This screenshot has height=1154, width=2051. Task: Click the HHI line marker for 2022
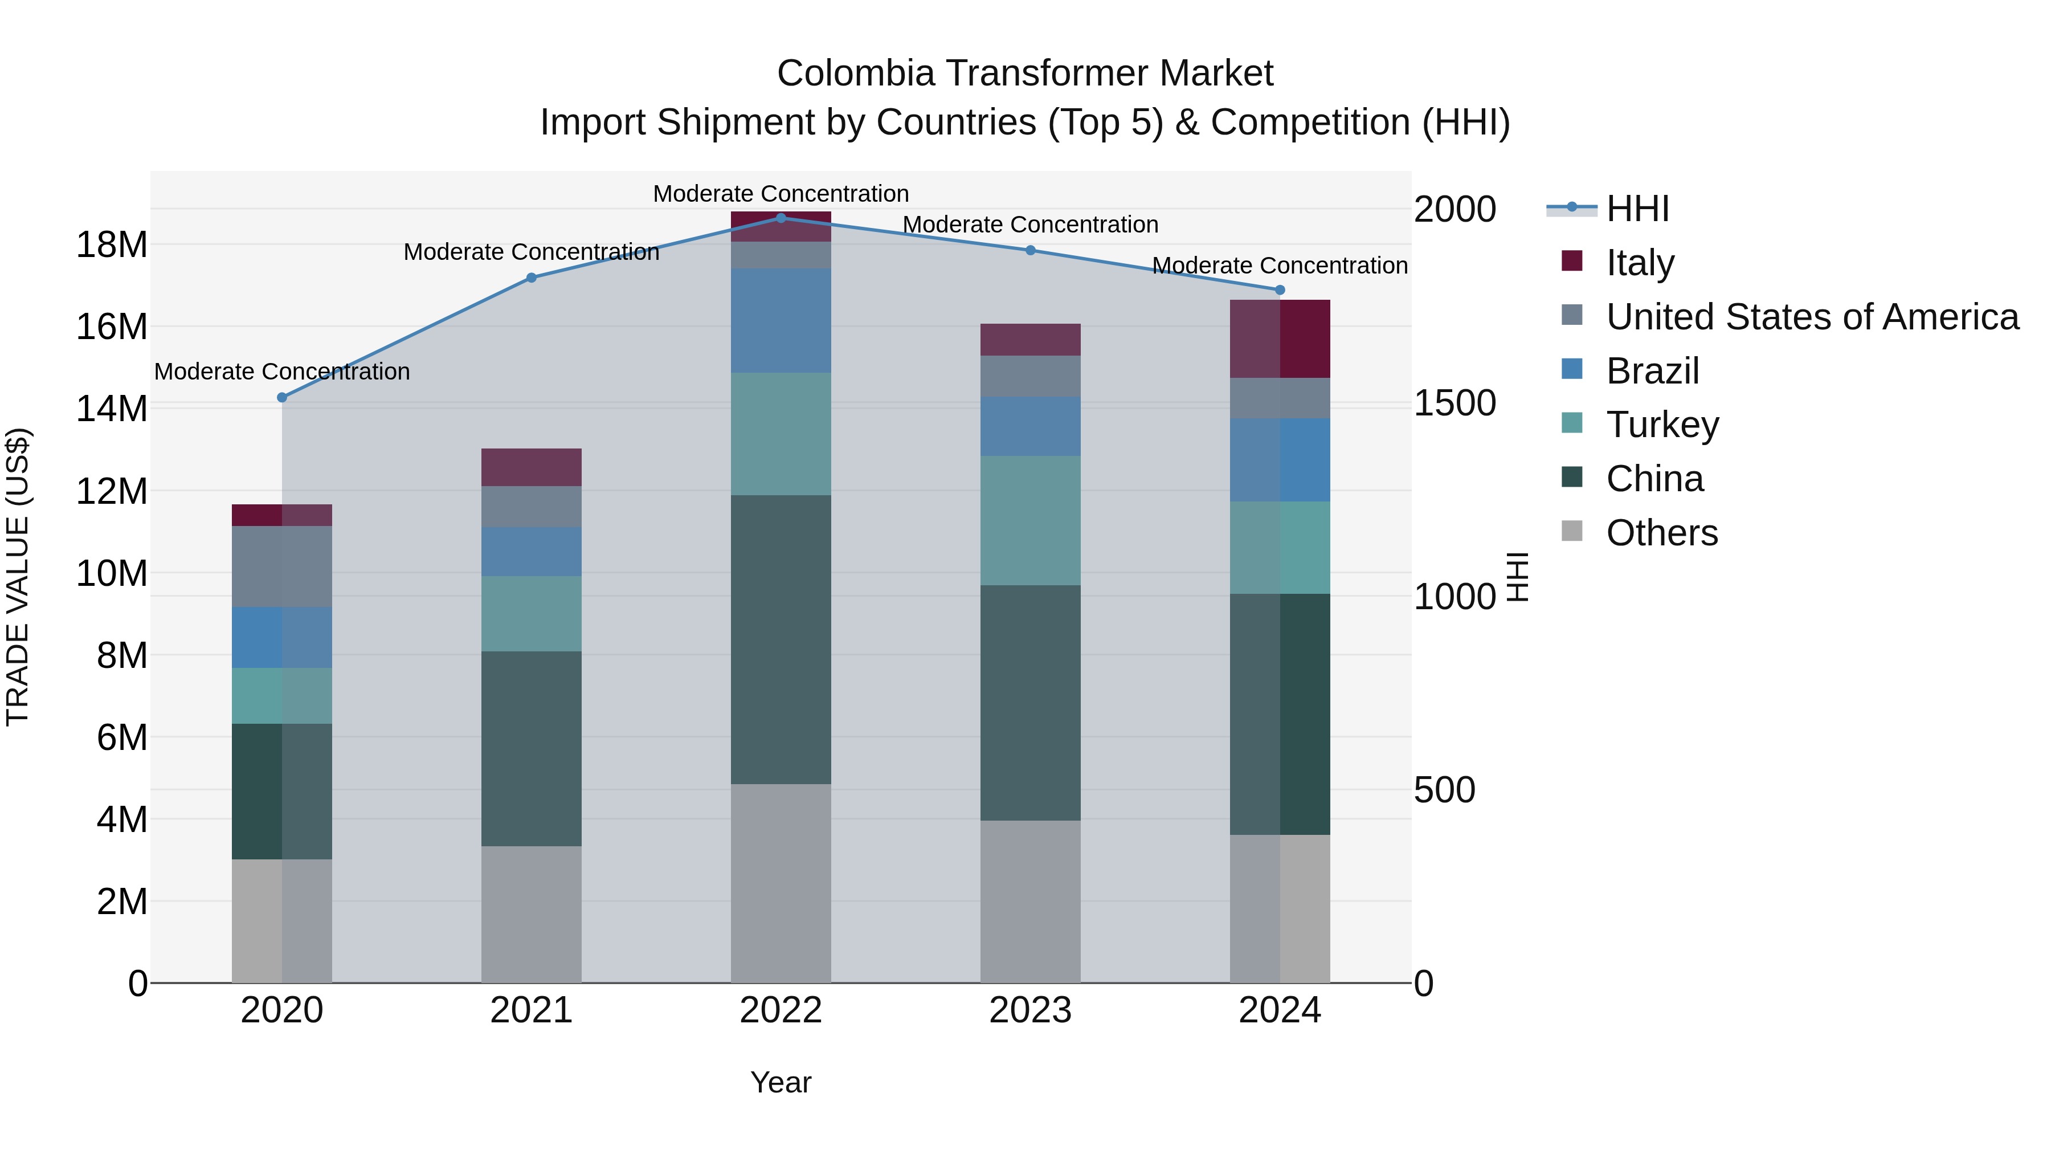click(x=781, y=218)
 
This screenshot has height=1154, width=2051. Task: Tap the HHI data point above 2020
click(x=282, y=397)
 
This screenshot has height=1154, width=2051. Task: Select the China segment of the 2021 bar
click(x=531, y=749)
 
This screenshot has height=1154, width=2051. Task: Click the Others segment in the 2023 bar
click(x=1029, y=902)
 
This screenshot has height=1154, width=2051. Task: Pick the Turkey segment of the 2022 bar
click(x=781, y=434)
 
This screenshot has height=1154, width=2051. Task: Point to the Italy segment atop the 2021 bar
click(x=531, y=467)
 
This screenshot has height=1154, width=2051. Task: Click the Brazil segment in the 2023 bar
click(x=1029, y=426)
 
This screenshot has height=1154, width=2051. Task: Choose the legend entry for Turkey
click(x=1662, y=425)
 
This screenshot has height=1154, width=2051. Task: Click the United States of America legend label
click(x=1811, y=317)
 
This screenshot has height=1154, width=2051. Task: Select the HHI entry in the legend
click(x=1636, y=209)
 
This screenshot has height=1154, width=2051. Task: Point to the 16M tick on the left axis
click(x=112, y=327)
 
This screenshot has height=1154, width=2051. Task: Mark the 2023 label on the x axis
click(x=1029, y=1010)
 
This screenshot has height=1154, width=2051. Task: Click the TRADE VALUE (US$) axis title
click(x=18, y=577)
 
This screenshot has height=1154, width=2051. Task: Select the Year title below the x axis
click(x=781, y=1082)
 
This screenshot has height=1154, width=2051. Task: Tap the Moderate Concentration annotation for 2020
click(x=282, y=372)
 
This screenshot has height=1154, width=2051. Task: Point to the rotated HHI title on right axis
click(x=1518, y=577)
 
